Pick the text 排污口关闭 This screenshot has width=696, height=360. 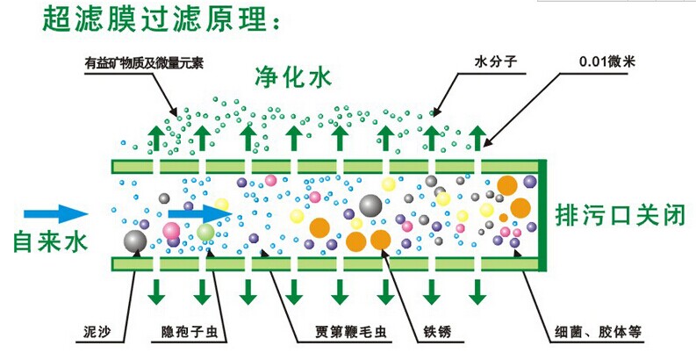pyautogui.click(x=620, y=213)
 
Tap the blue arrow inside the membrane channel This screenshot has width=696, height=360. pyautogui.click(x=197, y=213)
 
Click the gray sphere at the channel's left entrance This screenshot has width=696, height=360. pyautogui.click(x=135, y=241)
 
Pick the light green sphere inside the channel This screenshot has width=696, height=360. pyautogui.click(x=205, y=233)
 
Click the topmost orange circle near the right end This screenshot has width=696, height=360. pyautogui.click(x=507, y=184)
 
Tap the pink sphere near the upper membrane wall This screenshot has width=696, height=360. pyautogui.click(x=271, y=181)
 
